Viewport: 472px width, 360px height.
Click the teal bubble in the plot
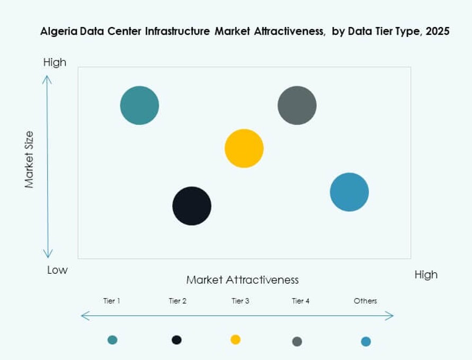click(139, 105)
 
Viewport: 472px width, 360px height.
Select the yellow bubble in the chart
click(244, 148)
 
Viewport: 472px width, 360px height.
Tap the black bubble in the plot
click(192, 206)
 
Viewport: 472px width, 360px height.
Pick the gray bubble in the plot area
click(297, 105)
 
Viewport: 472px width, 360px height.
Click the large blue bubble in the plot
click(349, 192)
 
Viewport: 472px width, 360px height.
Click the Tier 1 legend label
click(111, 301)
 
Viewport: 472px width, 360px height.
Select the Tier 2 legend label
click(177, 301)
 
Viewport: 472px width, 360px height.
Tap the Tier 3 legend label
click(240, 301)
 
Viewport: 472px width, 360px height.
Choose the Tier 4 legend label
click(300, 301)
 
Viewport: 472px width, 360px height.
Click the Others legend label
click(366, 301)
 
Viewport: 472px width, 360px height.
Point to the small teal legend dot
click(112, 340)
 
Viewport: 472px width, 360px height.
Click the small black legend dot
click(177, 340)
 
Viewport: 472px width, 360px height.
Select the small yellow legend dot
click(236, 339)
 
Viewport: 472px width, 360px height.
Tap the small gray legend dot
click(297, 341)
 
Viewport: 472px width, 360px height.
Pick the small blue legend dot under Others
click(366, 341)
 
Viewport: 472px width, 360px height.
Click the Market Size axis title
click(29, 159)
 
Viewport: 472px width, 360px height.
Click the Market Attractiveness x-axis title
click(242, 280)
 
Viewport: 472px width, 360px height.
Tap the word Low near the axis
click(57, 270)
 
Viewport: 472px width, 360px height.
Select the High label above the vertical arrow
click(55, 62)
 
